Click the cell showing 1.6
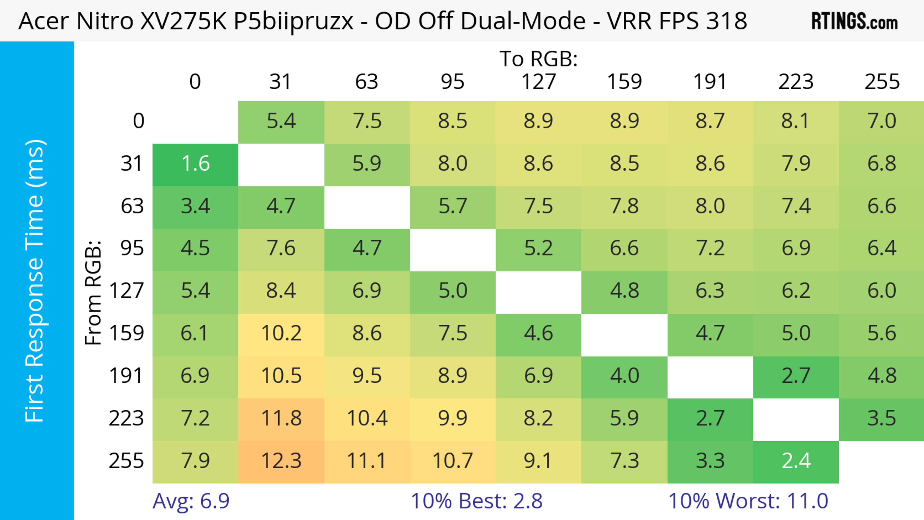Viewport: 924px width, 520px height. point(195,164)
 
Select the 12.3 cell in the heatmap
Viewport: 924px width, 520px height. point(281,461)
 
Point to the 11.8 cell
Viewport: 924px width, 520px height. point(281,418)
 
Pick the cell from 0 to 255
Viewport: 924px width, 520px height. point(881,121)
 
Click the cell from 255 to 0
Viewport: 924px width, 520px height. point(195,461)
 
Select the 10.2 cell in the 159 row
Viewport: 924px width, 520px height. point(281,334)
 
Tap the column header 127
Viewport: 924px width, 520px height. point(539,82)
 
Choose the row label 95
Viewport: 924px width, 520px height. point(132,248)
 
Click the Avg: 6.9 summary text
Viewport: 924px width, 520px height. point(191,501)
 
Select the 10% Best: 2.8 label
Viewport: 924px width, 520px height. point(476,501)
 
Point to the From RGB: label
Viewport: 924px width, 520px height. point(93,293)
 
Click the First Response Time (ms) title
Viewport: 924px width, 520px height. point(35,280)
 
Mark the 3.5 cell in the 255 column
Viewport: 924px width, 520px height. point(881,418)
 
